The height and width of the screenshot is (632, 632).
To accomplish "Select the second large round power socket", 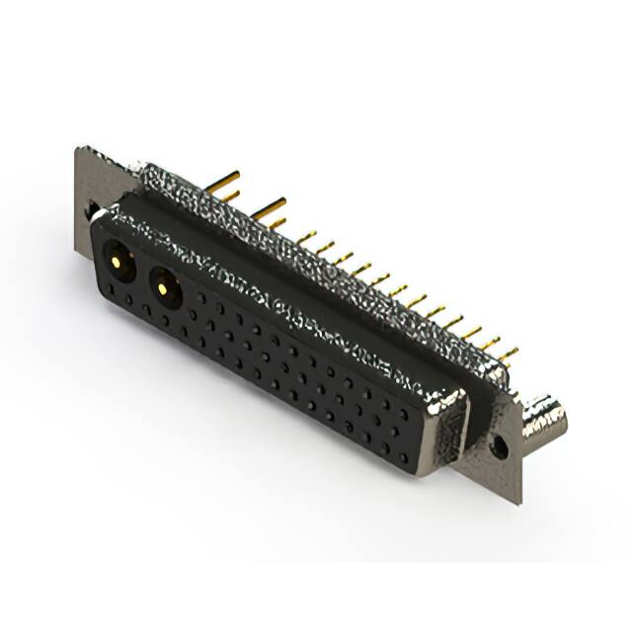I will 164,289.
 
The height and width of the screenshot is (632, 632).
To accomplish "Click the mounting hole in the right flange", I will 500,448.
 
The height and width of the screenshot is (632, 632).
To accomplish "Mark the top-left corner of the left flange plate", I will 78,148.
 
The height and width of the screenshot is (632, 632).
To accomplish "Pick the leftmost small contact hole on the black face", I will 111,291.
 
